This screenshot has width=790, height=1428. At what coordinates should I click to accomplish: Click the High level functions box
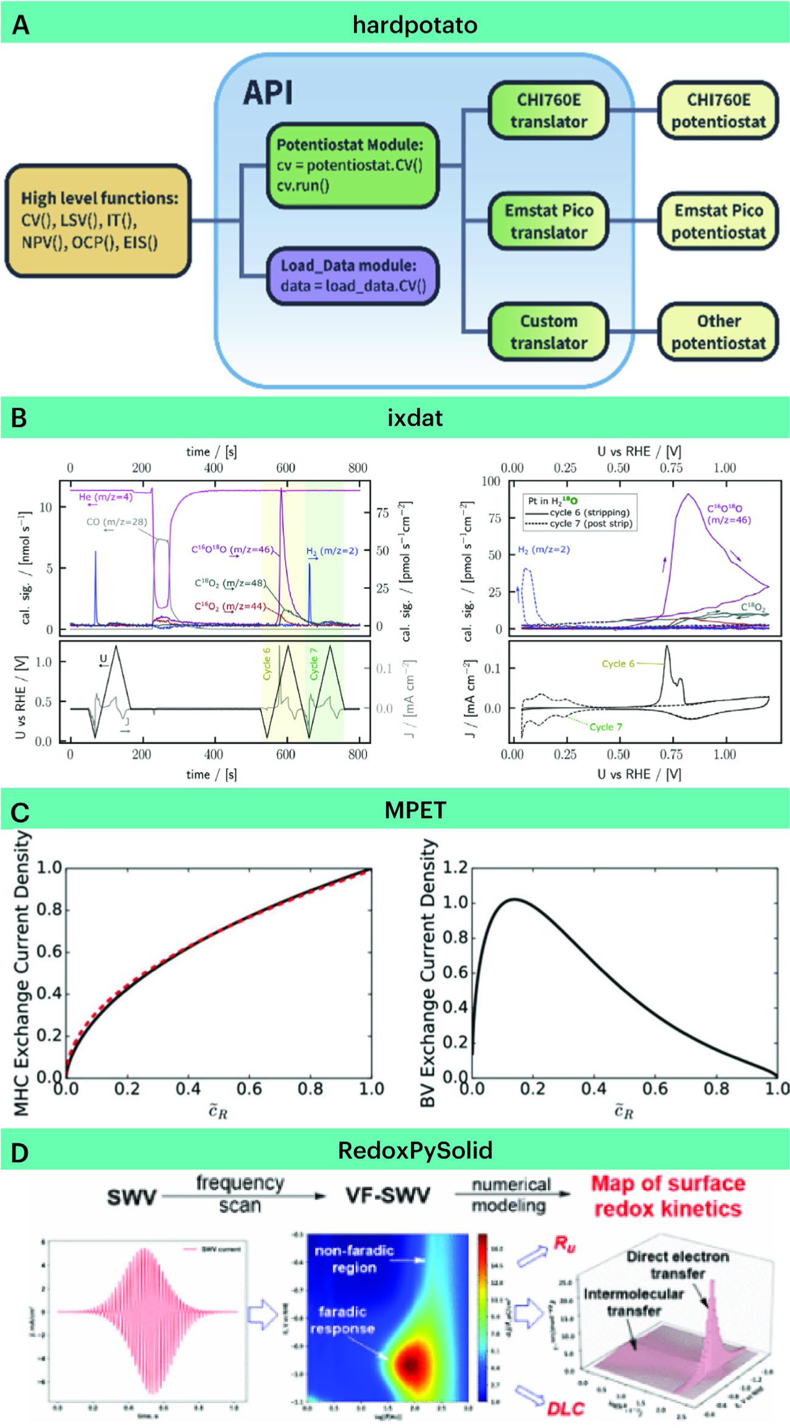click(98, 221)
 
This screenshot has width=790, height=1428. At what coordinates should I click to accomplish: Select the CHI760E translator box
click(548, 110)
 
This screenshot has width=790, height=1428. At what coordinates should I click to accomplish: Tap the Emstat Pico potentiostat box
click(718, 221)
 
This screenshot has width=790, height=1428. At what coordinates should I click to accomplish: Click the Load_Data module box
click(352, 276)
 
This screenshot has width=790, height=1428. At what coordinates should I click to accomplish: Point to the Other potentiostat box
click(718, 331)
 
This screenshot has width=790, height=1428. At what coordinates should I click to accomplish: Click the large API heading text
click(267, 93)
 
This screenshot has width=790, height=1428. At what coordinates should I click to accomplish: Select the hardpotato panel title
click(414, 25)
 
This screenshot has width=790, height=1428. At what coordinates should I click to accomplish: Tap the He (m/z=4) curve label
click(105, 497)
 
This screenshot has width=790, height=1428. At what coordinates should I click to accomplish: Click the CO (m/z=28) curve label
click(117, 522)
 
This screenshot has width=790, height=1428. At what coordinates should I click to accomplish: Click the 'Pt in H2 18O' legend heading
click(553, 501)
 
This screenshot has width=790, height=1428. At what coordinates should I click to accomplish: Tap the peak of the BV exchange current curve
click(514, 899)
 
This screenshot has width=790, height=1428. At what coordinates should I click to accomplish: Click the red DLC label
click(566, 1408)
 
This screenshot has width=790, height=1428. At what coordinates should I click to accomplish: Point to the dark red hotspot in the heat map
click(411, 1365)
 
